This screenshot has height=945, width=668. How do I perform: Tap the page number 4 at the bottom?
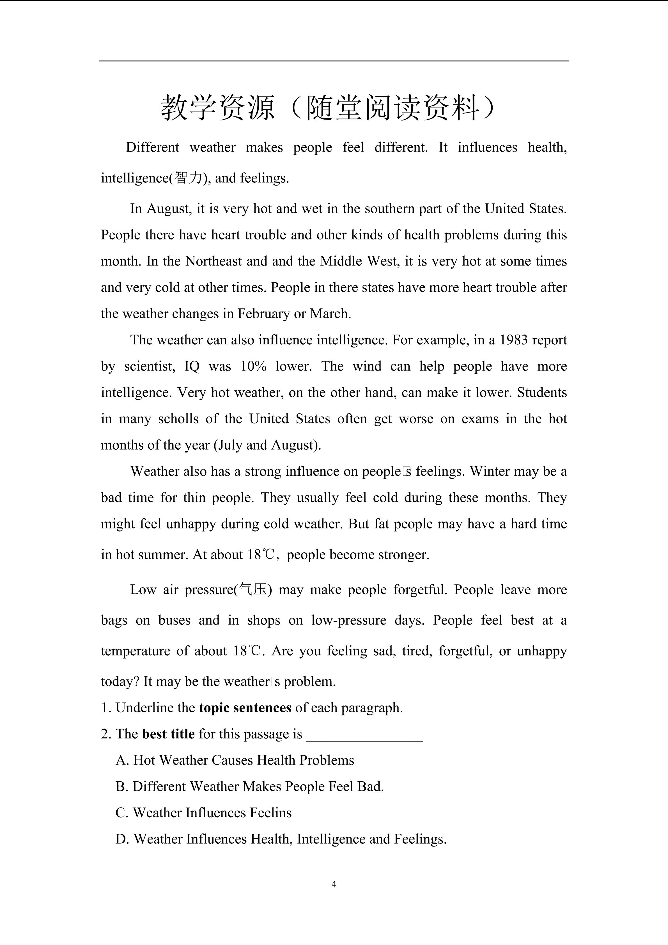[334, 884]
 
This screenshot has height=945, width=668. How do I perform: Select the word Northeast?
[214, 261]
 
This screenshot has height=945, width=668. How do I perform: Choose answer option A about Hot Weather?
[235, 760]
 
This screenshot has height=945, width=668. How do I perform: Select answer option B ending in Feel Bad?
[250, 786]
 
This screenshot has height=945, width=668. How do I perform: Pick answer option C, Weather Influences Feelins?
[204, 813]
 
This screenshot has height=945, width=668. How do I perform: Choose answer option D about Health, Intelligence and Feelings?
[281, 839]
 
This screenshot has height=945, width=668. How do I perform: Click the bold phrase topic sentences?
[245, 708]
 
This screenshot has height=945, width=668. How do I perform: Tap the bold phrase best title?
[168, 734]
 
